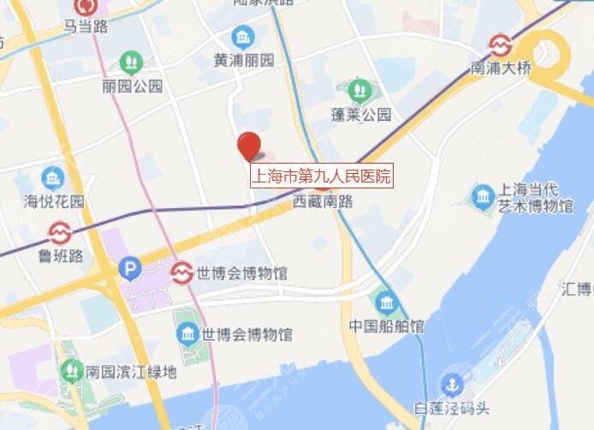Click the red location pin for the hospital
click(249, 146)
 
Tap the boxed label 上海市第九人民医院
click(320, 177)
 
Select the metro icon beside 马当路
click(86, 7)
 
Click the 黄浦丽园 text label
click(244, 61)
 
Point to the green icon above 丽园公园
click(131, 62)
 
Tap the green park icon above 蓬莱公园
click(359, 89)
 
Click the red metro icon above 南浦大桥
click(500, 45)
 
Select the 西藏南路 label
click(323, 202)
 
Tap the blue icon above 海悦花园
click(53, 178)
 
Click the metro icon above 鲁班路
click(59, 231)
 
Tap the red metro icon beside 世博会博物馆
click(181, 273)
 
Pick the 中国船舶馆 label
click(386, 326)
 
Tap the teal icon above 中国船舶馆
click(386, 302)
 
